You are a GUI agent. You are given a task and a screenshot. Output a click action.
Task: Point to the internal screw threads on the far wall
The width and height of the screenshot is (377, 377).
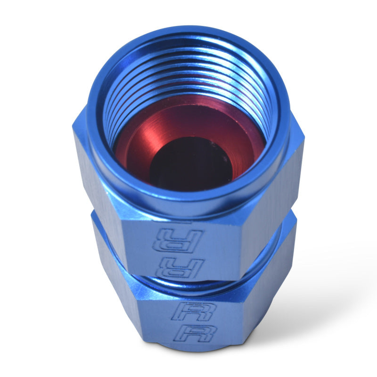[188, 75]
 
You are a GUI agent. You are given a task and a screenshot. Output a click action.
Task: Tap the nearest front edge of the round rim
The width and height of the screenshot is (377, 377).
[188, 200]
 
